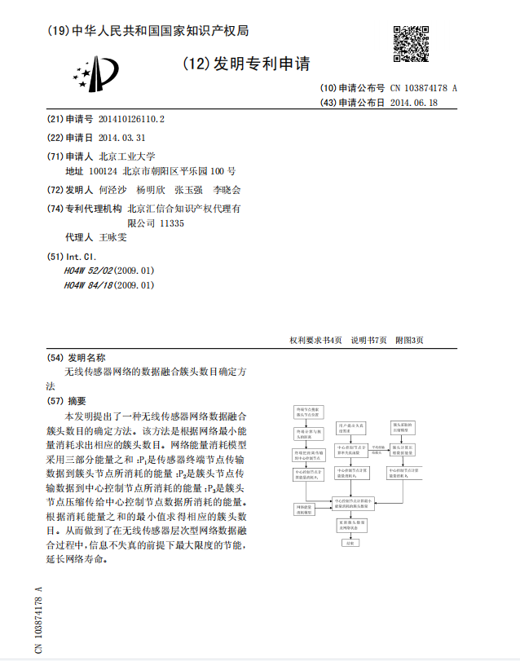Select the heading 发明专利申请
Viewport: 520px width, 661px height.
tap(246, 64)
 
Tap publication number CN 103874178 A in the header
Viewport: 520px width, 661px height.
tap(423, 88)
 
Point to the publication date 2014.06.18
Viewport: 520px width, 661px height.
tap(414, 103)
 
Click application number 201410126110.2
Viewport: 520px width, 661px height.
tap(131, 119)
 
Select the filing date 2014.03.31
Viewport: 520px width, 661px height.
tap(121, 138)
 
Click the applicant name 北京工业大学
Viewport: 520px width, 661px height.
tap(126, 156)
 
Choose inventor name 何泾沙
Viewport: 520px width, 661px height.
tap(113, 190)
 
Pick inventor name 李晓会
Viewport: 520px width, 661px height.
tap(227, 190)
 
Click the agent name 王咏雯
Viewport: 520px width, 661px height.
tap(113, 238)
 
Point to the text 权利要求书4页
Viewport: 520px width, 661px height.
tap(315, 340)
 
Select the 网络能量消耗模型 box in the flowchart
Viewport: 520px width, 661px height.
tap(304, 509)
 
